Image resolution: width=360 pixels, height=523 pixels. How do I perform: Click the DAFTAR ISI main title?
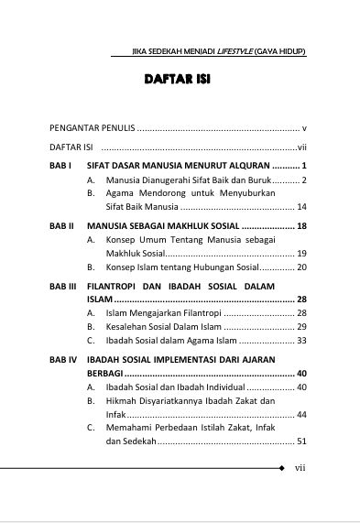pyautogui.click(x=178, y=81)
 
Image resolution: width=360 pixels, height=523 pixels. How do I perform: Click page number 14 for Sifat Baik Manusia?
pyautogui.click(x=300, y=207)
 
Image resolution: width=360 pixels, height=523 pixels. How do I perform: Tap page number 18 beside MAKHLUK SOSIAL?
pyautogui.click(x=300, y=225)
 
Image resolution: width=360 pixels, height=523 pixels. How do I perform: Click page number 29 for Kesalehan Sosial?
pyautogui.click(x=300, y=327)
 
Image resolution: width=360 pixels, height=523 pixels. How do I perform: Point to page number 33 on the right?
pyautogui.click(x=300, y=341)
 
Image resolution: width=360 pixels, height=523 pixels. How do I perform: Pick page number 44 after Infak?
pyautogui.click(x=300, y=415)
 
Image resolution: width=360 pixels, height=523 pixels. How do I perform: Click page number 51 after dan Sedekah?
pyautogui.click(x=300, y=441)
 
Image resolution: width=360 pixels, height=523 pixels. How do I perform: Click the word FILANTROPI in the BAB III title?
pyautogui.click(x=117, y=286)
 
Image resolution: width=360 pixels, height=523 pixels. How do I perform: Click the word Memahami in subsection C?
pyautogui.click(x=130, y=428)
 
